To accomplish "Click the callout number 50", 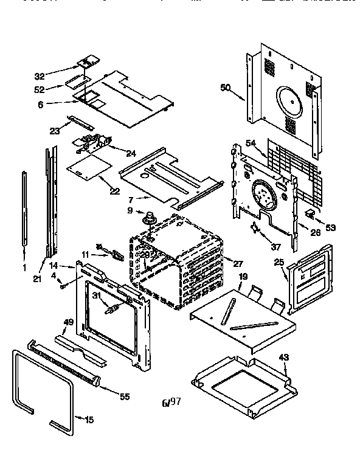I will [225, 88].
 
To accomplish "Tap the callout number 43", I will [283, 357].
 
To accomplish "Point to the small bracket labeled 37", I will [255, 228].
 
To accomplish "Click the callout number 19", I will [242, 276].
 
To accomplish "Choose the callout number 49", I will [68, 322].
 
